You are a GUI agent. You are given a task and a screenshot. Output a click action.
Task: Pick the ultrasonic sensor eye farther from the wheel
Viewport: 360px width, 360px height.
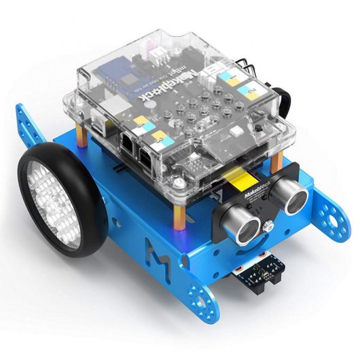pos(294,198)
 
